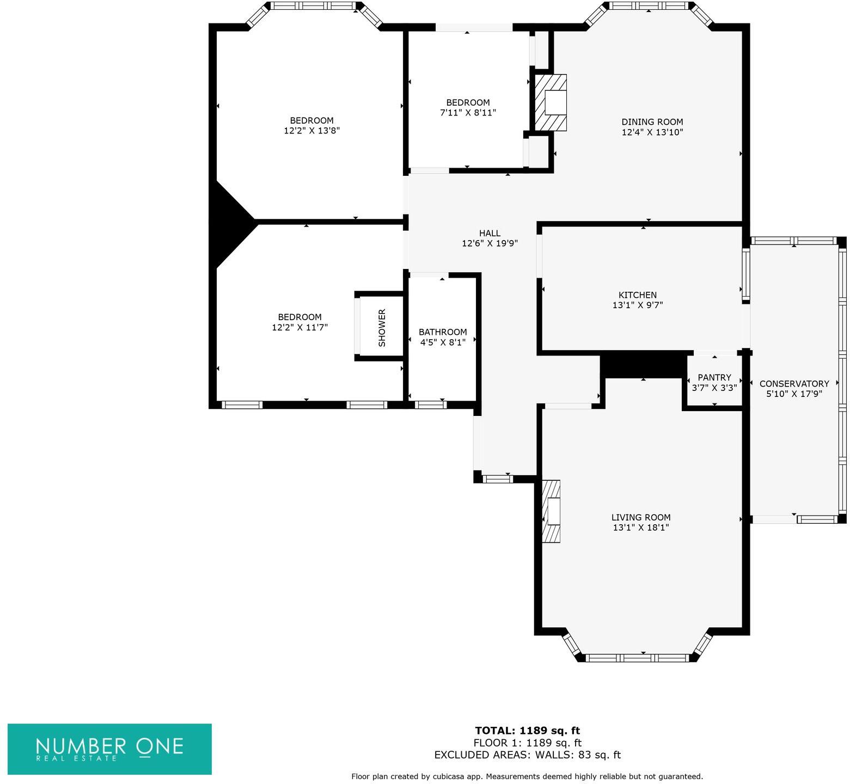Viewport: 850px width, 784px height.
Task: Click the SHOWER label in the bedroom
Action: [x=382, y=327]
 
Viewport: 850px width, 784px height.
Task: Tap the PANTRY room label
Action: [x=714, y=377]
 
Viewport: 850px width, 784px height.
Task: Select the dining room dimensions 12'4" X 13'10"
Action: [x=652, y=132]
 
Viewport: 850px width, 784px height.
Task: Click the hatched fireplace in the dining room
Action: [x=551, y=102]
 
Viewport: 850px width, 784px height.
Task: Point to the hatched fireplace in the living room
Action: [x=551, y=511]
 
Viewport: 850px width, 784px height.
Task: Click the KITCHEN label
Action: [x=637, y=295]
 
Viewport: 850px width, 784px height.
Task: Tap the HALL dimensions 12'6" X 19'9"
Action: [x=490, y=243]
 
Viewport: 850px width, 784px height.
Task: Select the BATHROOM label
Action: [x=442, y=332]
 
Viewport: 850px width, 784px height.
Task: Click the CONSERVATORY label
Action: [x=794, y=383]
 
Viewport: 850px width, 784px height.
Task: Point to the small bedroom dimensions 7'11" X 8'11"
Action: [x=468, y=113]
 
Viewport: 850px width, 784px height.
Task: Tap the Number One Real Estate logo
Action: [x=109, y=749]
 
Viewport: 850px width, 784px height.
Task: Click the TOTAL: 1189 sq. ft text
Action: [x=527, y=731]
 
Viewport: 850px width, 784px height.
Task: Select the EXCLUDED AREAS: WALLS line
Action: [x=527, y=755]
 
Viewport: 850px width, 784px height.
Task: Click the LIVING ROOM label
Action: [x=640, y=517]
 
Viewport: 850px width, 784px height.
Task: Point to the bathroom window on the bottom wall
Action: [x=430, y=405]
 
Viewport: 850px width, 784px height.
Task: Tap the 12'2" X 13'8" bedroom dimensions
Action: [x=311, y=131]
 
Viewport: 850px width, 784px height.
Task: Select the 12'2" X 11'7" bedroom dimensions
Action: [x=299, y=327]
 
